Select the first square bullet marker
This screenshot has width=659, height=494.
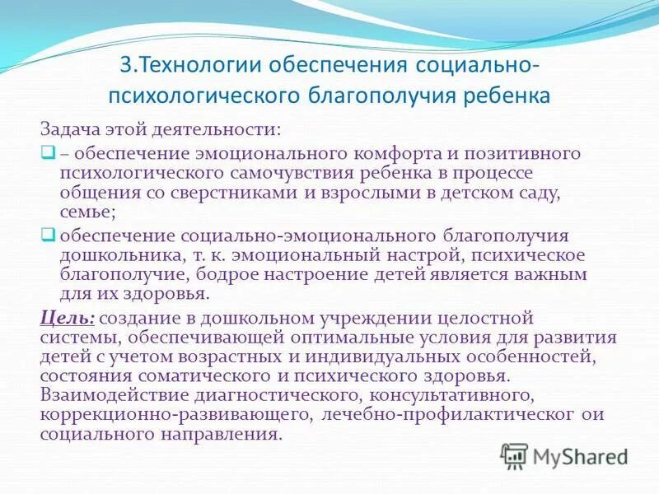pyautogui.click(x=47, y=152)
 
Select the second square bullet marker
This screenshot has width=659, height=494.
pyautogui.click(x=47, y=233)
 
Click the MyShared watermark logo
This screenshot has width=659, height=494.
pyautogui.click(x=564, y=455)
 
